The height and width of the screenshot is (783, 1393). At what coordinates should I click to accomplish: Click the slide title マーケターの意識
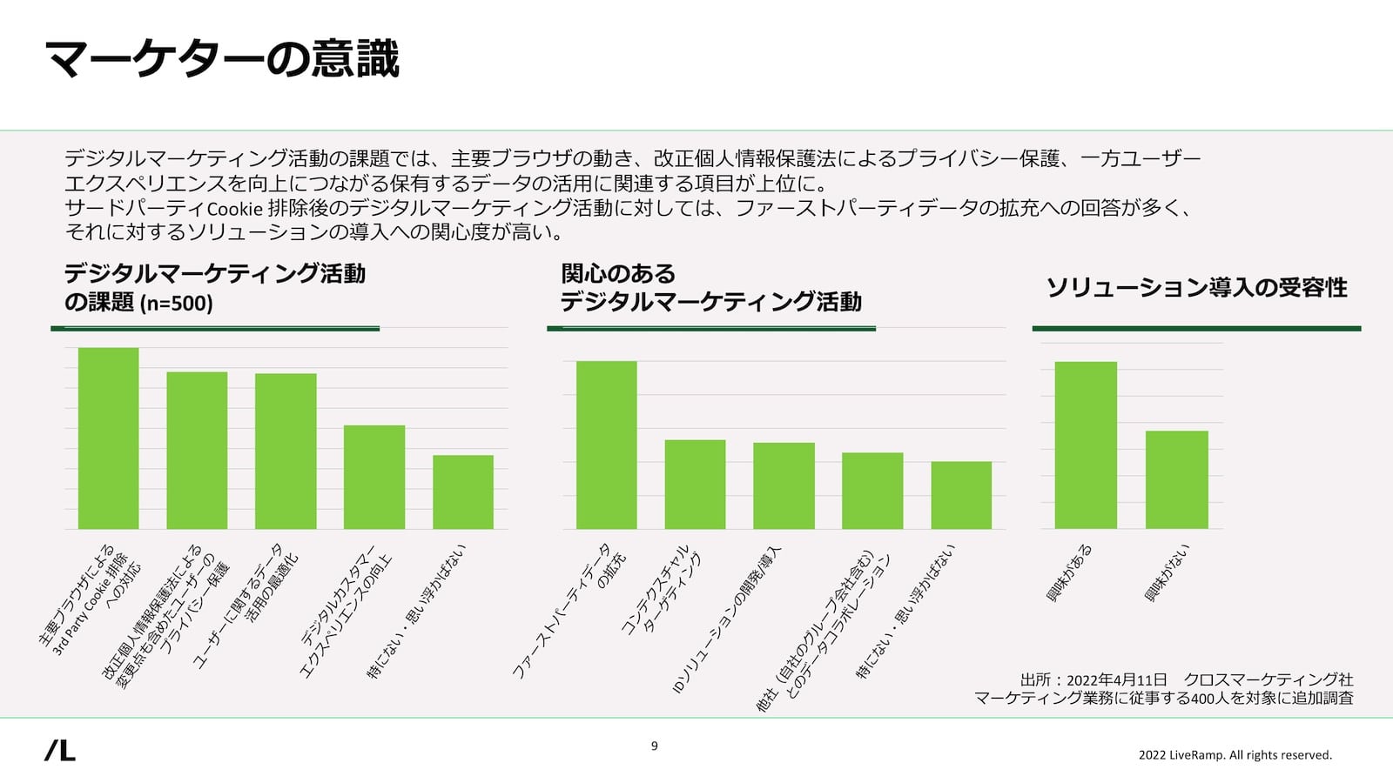[222, 59]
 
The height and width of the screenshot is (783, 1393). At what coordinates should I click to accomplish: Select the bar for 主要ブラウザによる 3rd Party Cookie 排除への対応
[109, 438]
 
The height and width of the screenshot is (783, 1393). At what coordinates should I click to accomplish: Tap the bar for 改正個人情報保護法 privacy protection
[197, 451]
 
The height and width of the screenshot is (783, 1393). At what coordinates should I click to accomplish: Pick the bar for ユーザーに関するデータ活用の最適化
[286, 452]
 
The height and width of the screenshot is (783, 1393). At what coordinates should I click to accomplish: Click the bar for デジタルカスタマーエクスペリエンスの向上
[374, 477]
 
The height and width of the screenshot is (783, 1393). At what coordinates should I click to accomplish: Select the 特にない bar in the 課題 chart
[463, 492]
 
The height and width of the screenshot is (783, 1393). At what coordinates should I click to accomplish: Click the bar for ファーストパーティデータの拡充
[607, 445]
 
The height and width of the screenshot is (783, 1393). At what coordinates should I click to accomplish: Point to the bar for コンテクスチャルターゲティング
[695, 485]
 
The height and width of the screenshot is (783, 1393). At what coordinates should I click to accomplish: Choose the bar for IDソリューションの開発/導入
[784, 485]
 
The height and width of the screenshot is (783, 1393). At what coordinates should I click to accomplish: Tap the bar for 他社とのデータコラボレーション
[872, 491]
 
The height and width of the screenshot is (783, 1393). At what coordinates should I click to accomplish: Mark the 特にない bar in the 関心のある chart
[961, 495]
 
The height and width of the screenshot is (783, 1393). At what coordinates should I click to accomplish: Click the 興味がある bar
[1086, 445]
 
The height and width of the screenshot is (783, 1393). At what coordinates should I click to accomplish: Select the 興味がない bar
[1177, 479]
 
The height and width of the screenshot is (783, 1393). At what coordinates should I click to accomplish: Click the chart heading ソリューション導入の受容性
[1196, 288]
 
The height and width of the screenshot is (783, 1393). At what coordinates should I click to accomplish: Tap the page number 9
[655, 746]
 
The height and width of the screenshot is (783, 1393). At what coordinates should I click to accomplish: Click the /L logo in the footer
[60, 750]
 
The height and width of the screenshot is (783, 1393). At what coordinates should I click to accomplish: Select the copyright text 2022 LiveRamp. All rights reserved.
[1235, 755]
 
